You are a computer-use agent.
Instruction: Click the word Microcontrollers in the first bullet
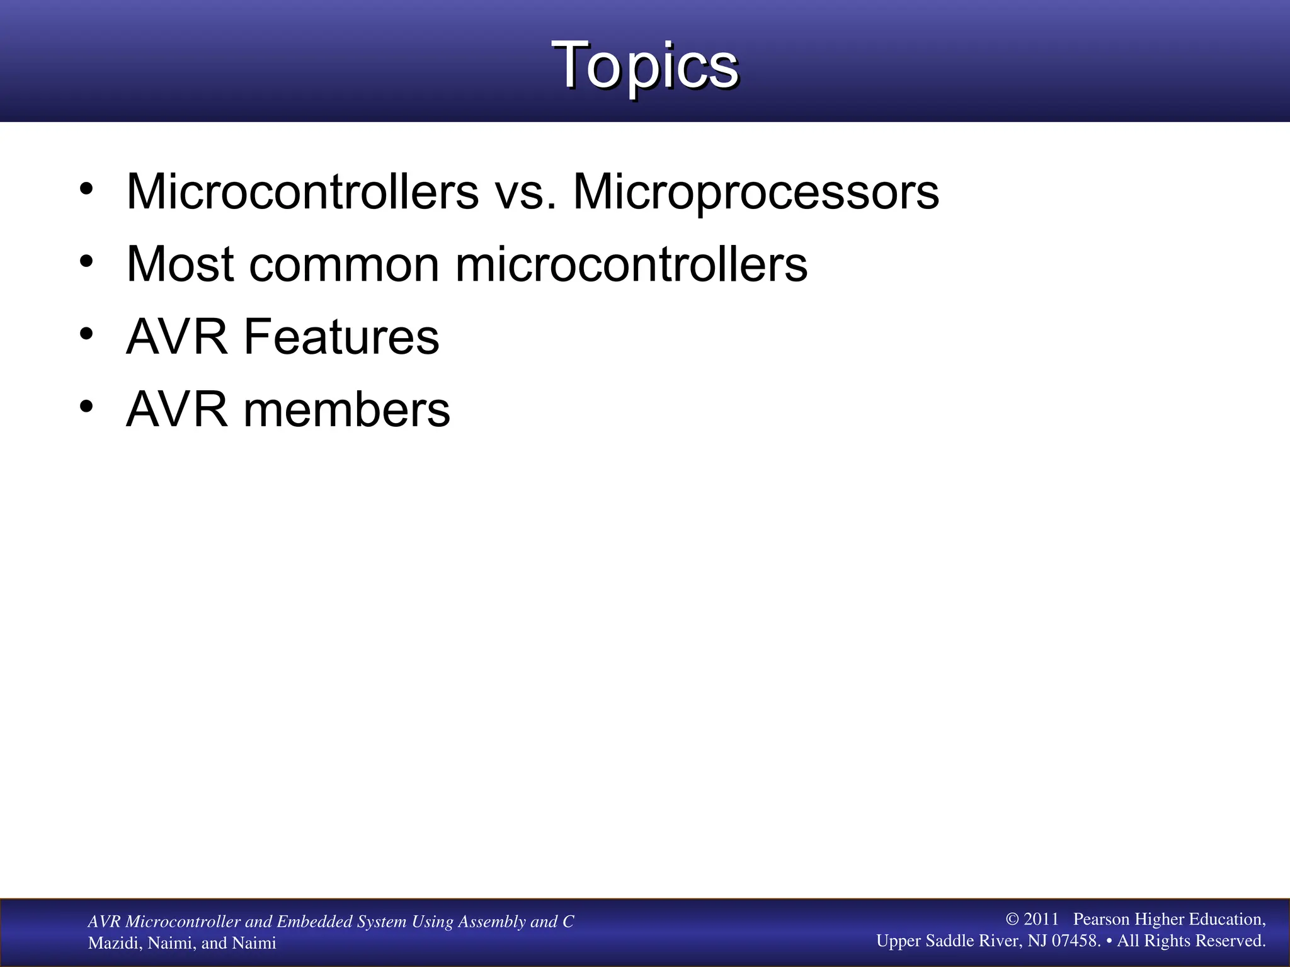[302, 191]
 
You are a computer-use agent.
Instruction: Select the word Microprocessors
[755, 193]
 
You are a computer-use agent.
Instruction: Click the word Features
[341, 337]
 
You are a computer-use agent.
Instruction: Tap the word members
[346, 410]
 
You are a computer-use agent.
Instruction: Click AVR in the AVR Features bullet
[177, 337]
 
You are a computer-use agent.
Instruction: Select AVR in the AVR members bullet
[177, 410]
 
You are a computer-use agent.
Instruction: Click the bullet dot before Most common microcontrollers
[86, 261]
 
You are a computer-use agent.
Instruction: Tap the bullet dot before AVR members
[86, 406]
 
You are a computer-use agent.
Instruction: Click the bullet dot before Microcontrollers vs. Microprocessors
[86, 188]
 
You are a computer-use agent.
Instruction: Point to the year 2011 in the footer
[1041, 919]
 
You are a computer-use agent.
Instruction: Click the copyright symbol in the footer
[1012, 919]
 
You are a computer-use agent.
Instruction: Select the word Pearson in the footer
[1101, 919]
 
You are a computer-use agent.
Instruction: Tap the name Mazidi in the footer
[114, 943]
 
